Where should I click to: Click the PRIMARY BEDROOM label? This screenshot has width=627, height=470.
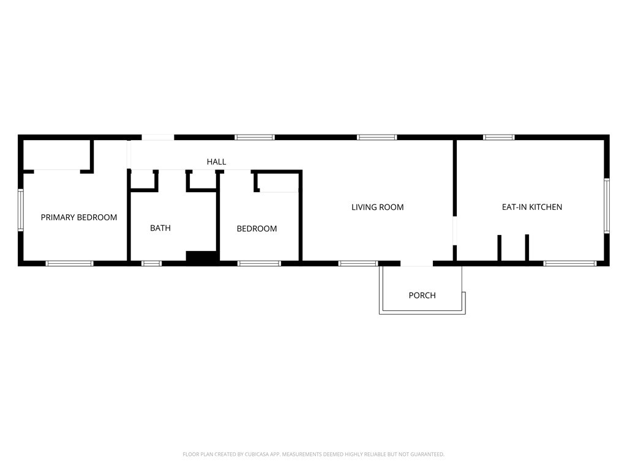pos(78,217)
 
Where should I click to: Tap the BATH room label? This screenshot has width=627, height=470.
pos(160,228)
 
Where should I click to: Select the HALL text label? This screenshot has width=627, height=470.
pos(216,162)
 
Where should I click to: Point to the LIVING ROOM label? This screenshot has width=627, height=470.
pos(377,207)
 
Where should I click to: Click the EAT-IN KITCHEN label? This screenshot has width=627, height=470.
pos(531,207)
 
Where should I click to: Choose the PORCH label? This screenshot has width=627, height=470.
pos(422,296)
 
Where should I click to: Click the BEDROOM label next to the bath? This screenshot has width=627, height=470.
pos(257,229)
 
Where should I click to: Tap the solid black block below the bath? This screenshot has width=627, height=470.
pos(202,258)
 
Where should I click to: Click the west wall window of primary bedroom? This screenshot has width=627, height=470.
pos(20,210)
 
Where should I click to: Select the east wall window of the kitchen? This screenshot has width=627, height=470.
pos(606,206)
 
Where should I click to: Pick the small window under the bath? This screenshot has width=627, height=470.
pos(151,264)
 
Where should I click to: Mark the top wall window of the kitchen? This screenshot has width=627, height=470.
pos(499,137)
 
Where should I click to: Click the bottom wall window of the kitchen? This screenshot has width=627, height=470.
pos(569,264)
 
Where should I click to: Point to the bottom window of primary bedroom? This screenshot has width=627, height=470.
pos(69,264)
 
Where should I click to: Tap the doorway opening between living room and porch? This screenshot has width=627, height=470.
pos(417,264)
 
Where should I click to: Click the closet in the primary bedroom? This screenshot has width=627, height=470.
pos(56,154)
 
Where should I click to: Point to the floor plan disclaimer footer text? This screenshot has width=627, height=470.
pos(313,454)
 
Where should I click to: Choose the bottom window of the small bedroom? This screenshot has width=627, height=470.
pos(259,264)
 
